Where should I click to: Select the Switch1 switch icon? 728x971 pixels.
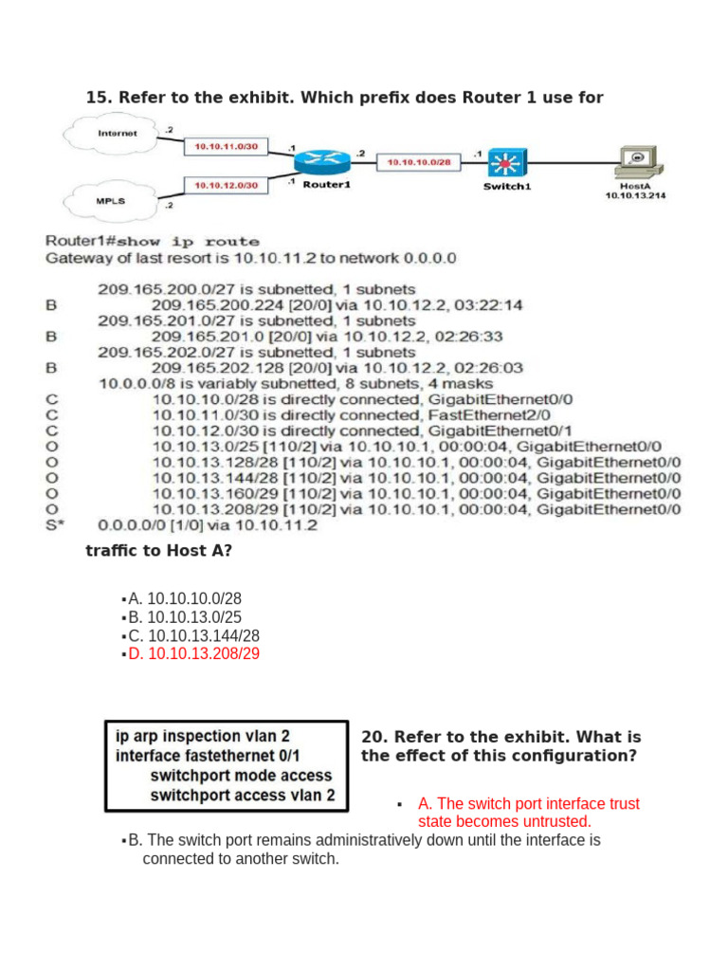pos(507,163)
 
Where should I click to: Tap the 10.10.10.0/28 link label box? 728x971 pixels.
pos(417,163)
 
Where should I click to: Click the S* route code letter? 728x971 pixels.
pos(54,524)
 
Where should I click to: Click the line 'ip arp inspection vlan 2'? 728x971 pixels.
pos(203,735)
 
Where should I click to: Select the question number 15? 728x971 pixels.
pos(98,97)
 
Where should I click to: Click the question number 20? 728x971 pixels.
pos(373,737)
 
